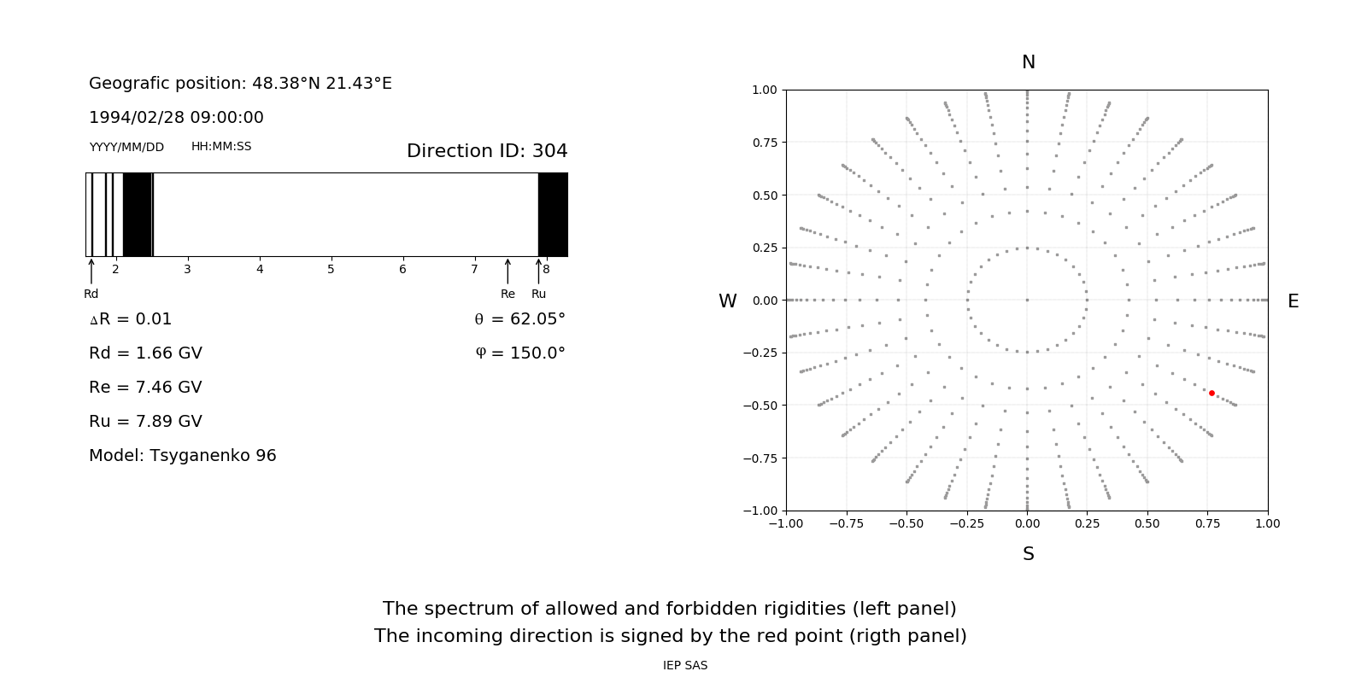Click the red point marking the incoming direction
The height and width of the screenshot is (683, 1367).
[1212, 394]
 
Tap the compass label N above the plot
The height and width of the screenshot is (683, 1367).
[1029, 62]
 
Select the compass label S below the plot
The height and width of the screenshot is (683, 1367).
[1029, 554]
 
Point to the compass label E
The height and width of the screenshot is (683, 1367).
[1293, 301]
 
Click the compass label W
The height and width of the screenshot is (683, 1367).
[727, 301]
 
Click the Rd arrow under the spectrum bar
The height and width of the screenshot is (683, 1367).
[91, 271]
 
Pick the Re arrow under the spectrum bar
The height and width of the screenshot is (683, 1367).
[507, 271]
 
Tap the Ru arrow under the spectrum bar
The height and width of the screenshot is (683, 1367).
[538, 271]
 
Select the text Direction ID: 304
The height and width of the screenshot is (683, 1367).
[487, 151]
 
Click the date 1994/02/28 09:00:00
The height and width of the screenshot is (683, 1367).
[176, 118]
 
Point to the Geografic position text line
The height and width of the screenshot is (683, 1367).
[240, 84]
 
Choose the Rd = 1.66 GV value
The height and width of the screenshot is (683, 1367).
[145, 353]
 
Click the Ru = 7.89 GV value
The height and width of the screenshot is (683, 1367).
[145, 422]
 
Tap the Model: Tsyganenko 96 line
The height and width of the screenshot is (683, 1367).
[183, 456]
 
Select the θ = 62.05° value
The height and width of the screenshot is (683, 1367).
[519, 319]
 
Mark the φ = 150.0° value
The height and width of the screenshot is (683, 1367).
[520, 353]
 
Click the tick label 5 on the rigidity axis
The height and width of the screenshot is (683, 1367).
[331, 270]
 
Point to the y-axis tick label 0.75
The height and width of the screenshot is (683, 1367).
[764, 143]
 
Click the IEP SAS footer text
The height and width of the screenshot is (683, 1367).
[685, 665]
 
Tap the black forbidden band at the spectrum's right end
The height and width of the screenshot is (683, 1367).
[553, 214]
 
